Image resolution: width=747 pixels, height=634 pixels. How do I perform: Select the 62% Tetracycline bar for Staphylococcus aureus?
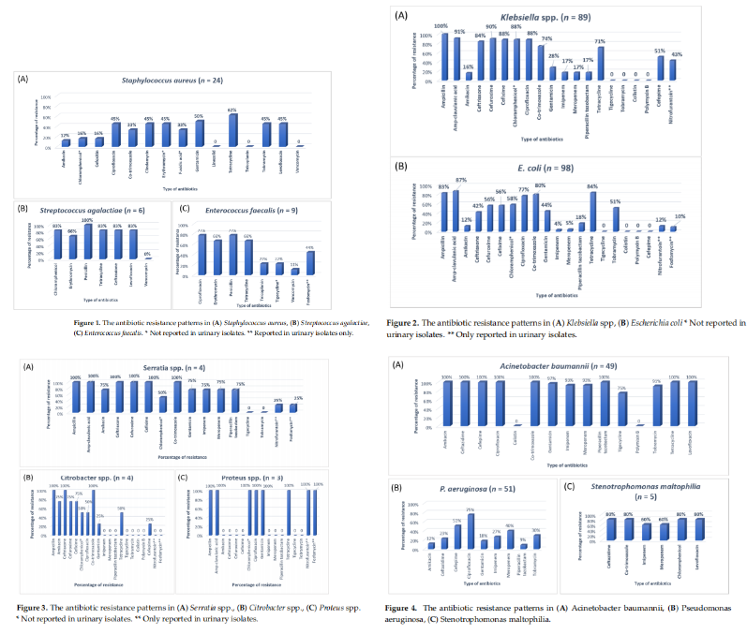click(232, 131)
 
